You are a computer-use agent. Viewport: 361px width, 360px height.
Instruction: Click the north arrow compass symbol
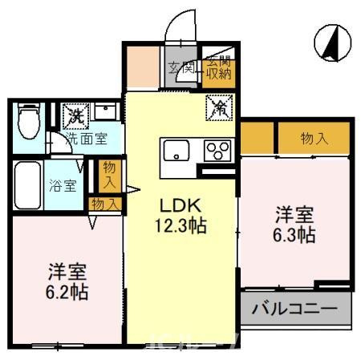328,42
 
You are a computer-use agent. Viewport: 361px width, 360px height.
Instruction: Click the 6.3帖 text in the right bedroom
295,236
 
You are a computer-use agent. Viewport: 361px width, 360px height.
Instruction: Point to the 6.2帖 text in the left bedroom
66,292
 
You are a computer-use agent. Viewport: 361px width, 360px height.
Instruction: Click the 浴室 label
65,186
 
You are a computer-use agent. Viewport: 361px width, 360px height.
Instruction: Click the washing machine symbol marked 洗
76,115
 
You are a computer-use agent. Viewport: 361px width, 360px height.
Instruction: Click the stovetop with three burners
216,151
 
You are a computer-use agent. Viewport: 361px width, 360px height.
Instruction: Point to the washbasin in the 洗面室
105,112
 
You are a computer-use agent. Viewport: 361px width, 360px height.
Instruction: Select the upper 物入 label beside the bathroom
109,175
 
